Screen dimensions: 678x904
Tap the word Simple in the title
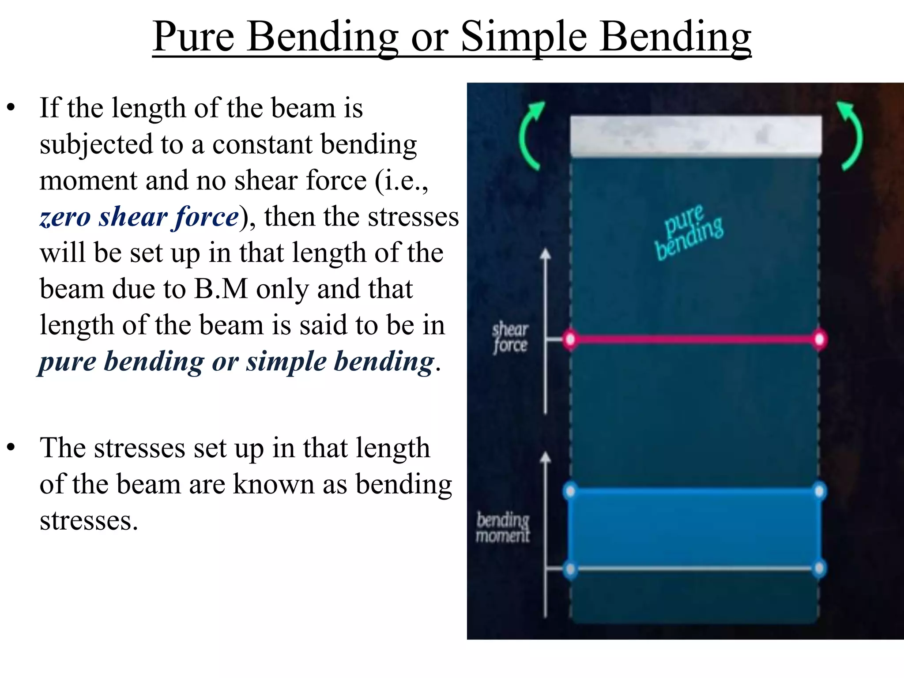[524, 37]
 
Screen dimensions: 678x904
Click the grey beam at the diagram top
[696, 136]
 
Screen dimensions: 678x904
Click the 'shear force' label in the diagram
[510, 338]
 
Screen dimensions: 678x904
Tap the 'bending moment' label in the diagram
[503, 527]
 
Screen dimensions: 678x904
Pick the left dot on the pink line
[570, 339]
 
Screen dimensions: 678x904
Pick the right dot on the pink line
[819, 339]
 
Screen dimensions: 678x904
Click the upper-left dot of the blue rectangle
[570, 491]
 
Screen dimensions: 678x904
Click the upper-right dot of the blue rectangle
[819, 491]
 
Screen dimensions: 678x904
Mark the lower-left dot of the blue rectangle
[570, 569]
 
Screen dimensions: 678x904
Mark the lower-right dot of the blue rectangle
[819, 569]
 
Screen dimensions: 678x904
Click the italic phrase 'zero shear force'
[139, 217]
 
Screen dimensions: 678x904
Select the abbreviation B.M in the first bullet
[221, 290]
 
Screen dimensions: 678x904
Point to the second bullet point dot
[11, 447]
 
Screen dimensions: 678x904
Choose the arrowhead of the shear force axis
[546, 253]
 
